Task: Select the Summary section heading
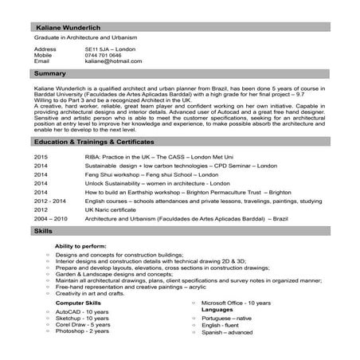[x=50, y=73]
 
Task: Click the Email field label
[x=42, y=61]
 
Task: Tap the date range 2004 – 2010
[x=51, y=217]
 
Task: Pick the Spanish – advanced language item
[x=227, y=332]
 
